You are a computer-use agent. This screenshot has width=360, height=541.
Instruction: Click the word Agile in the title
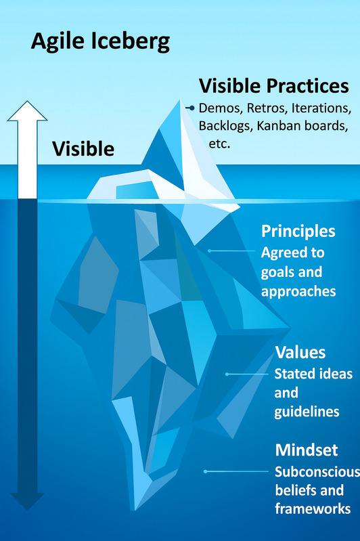(x=58, y=42)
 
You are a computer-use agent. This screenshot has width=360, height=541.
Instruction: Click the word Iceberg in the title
(x=131, y=42)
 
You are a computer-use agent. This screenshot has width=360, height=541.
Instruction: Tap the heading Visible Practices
(x=274, y=86)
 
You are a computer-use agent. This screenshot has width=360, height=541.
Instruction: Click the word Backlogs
(x=225, y=127)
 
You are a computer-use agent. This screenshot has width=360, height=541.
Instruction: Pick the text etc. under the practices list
(x=219, y=144)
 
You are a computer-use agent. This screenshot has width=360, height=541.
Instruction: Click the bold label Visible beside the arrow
(x=83, y=149)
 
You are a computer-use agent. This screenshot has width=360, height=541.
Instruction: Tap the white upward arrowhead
(x=27, y=111)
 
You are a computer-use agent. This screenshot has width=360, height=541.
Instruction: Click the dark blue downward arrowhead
(x=27, y=501)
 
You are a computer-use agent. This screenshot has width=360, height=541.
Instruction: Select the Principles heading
(x=298, y=232)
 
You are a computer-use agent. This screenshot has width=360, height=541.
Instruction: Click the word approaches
(x=298, y=292)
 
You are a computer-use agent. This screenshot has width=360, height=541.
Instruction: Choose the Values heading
(x=300, y=353)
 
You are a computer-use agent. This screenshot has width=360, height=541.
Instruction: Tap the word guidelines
(x=307, y=412)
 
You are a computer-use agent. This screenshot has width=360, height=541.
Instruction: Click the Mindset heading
(x=307, y=450)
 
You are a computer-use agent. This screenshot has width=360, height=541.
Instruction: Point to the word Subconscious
(x=317, y=472)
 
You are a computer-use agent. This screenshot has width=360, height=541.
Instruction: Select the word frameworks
(x=313, y=509)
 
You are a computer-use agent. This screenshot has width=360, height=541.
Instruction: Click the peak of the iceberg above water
(x=179, y=101)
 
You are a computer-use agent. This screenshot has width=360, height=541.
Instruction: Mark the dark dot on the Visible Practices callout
(x=192, y=108)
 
